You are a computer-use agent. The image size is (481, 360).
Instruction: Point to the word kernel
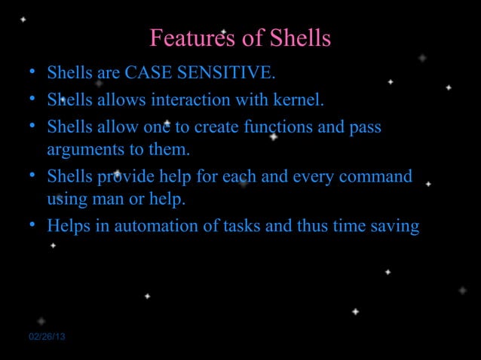click(x=300, y=99)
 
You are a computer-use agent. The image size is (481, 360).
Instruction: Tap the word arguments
click(x=79, y=150)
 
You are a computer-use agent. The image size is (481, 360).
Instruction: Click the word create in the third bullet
click(x=216, y=127)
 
